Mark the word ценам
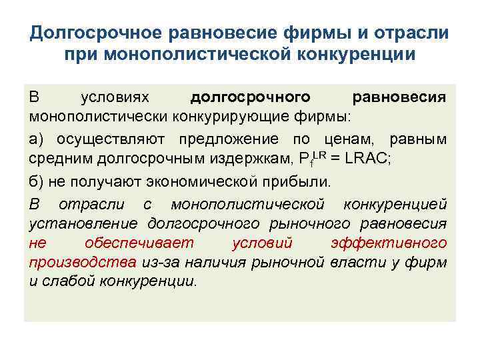[347, 139]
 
